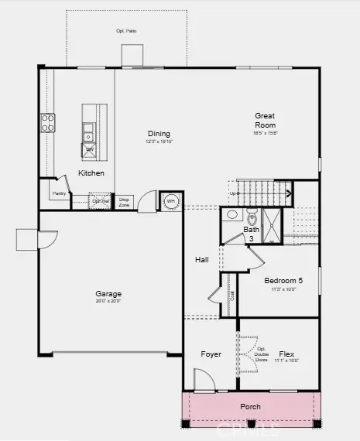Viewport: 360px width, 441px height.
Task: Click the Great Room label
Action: pos(265,121)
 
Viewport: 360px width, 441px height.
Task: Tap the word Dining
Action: pos(159,134)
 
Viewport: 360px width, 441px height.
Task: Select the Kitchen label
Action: pos(91,173)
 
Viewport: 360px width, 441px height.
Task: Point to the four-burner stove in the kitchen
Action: pos(48,122)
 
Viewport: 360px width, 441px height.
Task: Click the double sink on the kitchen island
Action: pos(89,129)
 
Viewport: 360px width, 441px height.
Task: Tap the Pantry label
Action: pos(57,194)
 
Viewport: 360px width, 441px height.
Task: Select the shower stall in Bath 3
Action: pos(273,218)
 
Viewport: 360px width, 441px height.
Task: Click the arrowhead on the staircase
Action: pos(288,193)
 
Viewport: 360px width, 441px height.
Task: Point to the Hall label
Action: pos(202,259)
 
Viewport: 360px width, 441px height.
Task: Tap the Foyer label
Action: pos(211,354)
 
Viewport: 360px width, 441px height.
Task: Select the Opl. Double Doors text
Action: pos(261,354)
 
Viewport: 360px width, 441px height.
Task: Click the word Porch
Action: pos(250,406)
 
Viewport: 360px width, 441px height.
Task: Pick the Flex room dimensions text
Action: pos(286,361)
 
